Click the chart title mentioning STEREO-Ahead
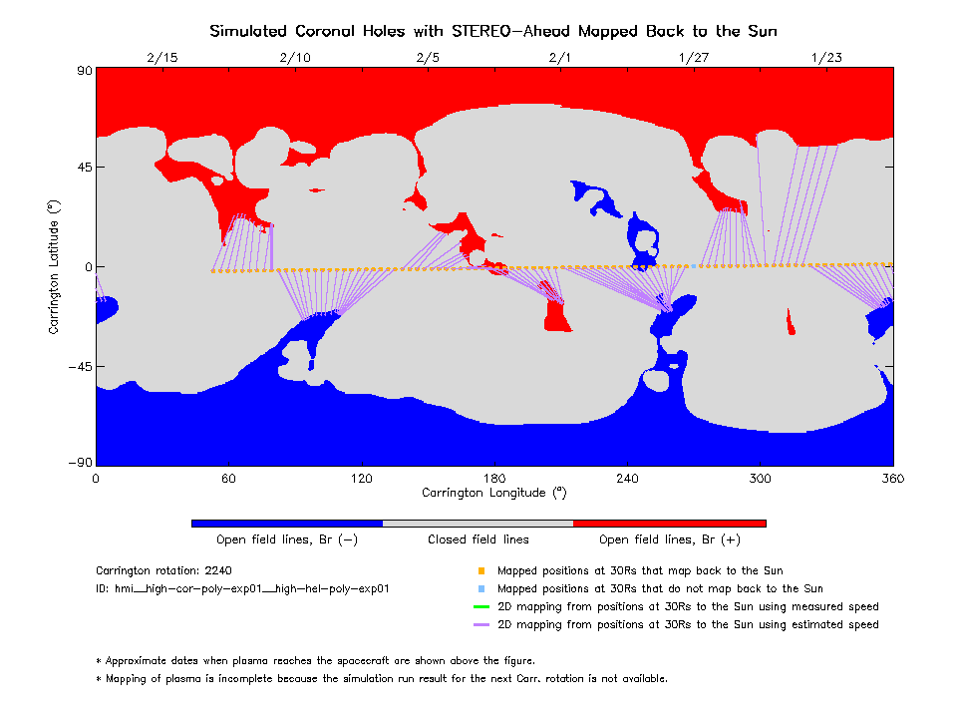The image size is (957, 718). point(493,31)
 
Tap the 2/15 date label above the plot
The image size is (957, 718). point(161,57)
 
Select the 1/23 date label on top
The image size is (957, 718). point(826,57)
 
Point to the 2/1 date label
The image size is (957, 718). point(560,57)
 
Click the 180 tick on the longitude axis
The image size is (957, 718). point(494,479)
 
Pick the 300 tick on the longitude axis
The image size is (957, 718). point(761,479)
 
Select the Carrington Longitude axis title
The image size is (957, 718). point(494,493)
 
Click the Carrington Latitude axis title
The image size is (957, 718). point(54,266)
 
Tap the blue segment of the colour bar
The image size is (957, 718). point(287,523)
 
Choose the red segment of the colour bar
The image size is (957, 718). point(669,523)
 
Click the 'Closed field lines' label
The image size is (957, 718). point(478,539)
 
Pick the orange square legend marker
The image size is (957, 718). point(480,571)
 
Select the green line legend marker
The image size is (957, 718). point(480,606)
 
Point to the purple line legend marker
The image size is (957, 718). point(480,624)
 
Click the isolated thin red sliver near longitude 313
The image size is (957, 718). point(790,322)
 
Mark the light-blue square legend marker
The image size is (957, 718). point(480,588)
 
